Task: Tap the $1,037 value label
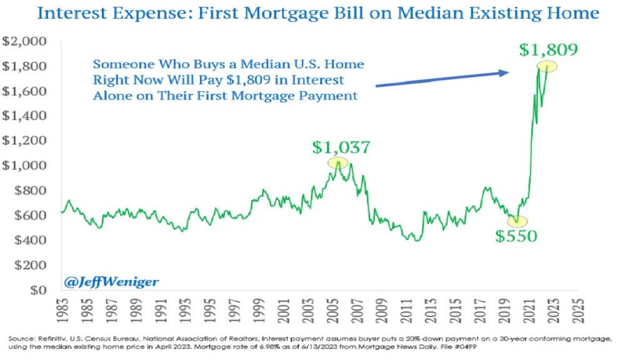341,147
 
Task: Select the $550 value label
516,236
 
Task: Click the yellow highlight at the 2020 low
517,221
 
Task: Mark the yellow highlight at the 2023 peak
547,67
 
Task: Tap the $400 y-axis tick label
29,241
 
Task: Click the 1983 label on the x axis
61,310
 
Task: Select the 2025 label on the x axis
574,310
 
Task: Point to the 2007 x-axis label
354,310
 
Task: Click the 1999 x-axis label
257,310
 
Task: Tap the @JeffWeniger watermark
111,282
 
